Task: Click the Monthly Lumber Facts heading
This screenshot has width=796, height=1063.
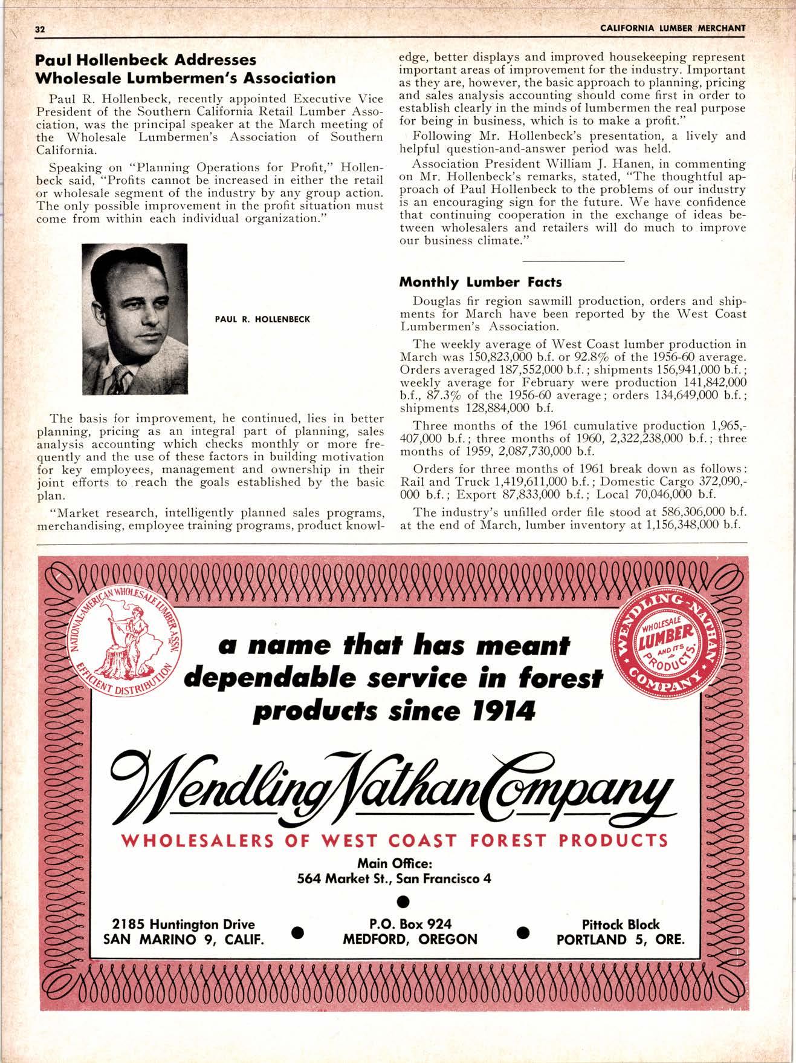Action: [481, 282]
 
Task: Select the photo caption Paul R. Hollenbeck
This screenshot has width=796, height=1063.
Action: [263, 318]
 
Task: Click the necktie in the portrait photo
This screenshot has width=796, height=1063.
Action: [123, 375]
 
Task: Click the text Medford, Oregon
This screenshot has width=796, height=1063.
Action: [410, 940]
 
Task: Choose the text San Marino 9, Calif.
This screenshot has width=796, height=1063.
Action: [184, 940]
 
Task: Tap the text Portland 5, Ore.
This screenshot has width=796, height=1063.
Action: [621, 940]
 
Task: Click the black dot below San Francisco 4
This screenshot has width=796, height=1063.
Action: [398, 901]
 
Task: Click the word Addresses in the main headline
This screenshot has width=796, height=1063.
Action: [205, 60]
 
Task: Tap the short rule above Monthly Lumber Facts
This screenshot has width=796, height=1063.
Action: [572, 261]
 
